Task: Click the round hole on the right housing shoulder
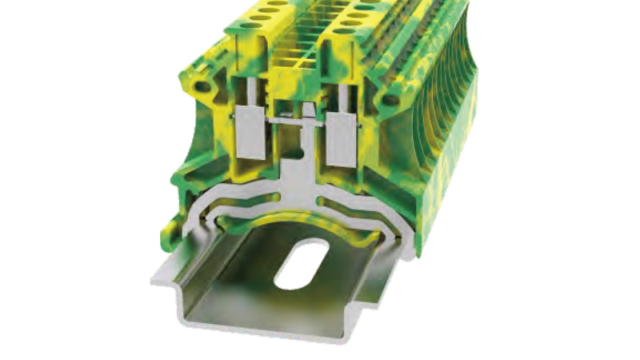click(390, 100)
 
